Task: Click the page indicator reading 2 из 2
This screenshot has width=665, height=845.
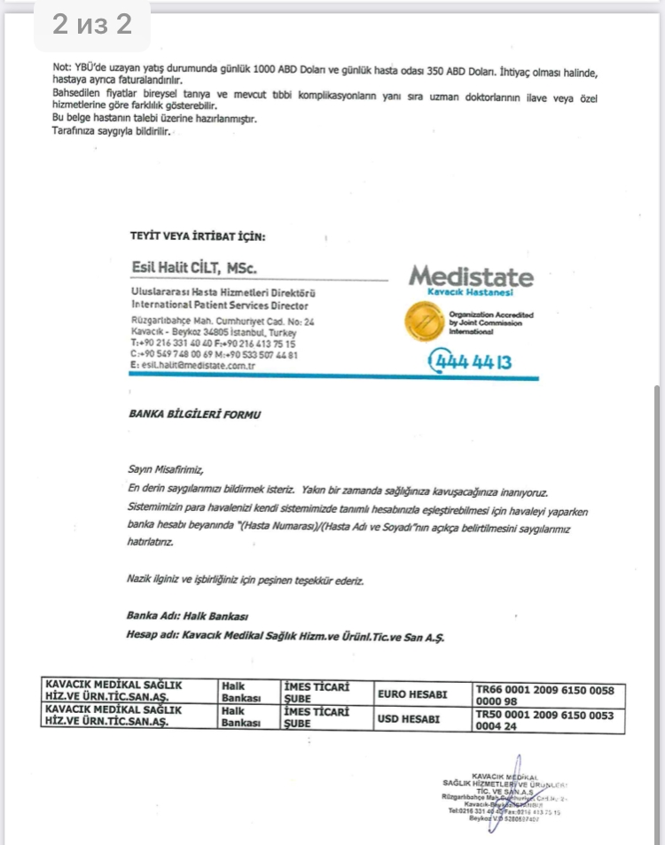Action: pyautogui.click(x=92, y=24)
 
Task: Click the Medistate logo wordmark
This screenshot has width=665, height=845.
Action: pyautogui.click(x=471, y=276)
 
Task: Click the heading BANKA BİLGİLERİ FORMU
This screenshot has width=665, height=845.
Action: pyautogui.click(x=195, y=414)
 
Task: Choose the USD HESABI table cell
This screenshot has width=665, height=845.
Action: pyautogui.click(x=409, y=719)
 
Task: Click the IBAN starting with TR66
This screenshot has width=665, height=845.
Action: pyautogui.click(x=544, y=695)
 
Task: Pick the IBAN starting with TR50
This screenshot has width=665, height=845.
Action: pyautogui.click(x=544, y=719)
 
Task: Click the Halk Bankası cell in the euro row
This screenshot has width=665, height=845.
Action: pyautogui.click(x=242, y=695)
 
